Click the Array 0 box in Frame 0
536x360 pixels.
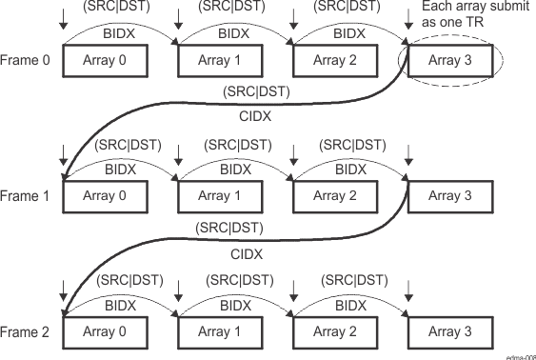105,61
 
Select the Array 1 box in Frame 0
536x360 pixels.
219,61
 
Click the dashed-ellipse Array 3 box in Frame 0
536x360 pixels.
449,61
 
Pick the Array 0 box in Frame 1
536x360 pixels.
105,196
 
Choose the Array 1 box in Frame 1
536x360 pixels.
219,196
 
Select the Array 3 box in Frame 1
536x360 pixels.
449,196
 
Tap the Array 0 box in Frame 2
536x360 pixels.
105,331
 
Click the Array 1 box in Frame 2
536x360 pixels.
219,331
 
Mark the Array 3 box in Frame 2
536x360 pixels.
449,331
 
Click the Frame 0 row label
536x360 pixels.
23,61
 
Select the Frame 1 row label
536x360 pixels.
23,196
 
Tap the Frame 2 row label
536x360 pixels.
23,331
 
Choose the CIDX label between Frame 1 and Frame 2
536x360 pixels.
246,254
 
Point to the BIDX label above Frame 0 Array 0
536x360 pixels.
123,32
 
